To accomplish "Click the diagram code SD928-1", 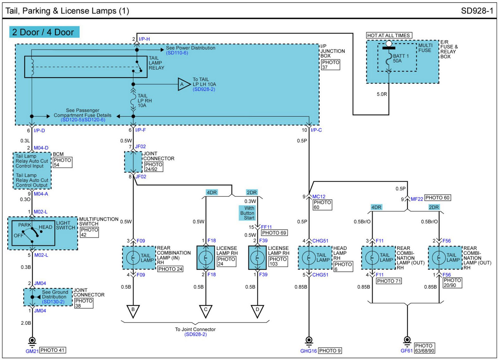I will [x=477, y=11].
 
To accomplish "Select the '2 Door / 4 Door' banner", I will [x=44, y=32].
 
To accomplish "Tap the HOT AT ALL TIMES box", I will [x=389, y=35].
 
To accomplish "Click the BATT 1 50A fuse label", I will [x=400, y=58].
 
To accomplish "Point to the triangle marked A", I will [x=183, y=84].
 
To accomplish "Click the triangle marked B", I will [x=133, y=310].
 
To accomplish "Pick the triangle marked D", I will [x=257, y=310].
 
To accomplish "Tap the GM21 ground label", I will [x=32, y=351].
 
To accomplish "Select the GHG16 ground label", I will [x=308, y=351].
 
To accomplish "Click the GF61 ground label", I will [x=406, y=351].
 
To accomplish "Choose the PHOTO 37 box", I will [x=330, y=65].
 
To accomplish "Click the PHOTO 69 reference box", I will [x=274, y=233].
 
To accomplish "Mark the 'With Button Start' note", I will [x=248, y=213].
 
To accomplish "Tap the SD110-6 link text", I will [x=177, y=53].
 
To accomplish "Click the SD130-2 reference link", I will [x=53, y=302].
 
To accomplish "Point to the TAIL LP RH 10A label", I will [x=144, y=101].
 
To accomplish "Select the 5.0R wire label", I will [x=382, y=94].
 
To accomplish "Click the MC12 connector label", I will [x=319, y=197].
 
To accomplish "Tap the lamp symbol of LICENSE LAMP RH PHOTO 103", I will [x=257, y=258].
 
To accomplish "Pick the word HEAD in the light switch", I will [x=46, y=227].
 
